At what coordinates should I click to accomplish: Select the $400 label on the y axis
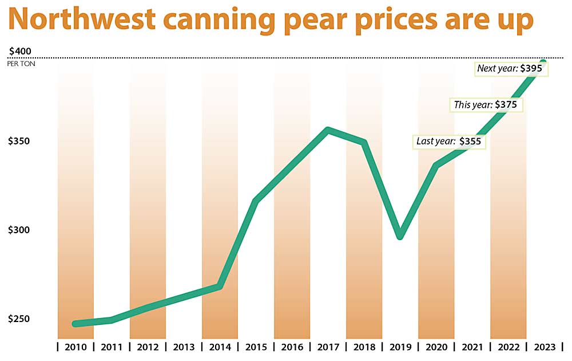click(21, 51)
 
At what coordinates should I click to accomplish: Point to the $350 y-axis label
click(19, 141)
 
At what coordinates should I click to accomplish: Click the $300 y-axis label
click(19, 230)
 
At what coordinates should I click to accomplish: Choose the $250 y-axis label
click(19, 319)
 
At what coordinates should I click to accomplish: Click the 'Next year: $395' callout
click(511, 68)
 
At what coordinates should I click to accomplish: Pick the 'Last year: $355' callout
click(449, 141)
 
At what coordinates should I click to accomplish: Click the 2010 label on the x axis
click(76, 347)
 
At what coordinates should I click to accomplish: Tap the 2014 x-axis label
click(220, 347)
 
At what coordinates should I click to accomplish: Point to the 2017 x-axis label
click(328, 347)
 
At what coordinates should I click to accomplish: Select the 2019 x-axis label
click(400, 347)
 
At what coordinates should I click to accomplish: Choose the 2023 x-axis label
click(544, 347)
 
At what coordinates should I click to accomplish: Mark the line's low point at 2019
click(400, 236)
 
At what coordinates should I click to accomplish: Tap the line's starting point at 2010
click(76, 324)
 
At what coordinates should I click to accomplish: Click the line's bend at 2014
click(220, 286)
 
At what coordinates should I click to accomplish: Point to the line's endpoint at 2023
click(543, 62)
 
